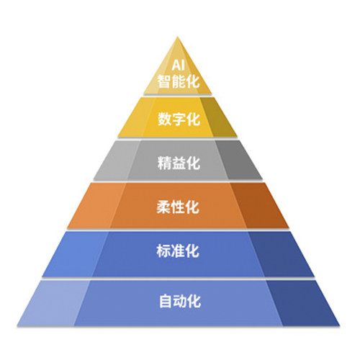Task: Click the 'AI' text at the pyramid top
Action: coord(178,66)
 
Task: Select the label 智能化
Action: coord(179,81)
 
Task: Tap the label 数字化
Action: coord(179,119)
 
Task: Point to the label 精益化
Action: coord(179,163)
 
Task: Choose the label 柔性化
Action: coord(178,207)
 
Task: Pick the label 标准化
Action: coord(178,251)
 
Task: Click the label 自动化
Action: coord(180,301)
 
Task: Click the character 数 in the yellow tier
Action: coord(164,119)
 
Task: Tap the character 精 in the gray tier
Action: coord(164,163)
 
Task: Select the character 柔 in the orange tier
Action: coord(163,207)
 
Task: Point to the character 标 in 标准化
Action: coord(163,251)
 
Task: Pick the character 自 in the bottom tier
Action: coord(166,301)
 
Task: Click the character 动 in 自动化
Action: coord(180,301)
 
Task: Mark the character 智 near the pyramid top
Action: coord(164,81)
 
